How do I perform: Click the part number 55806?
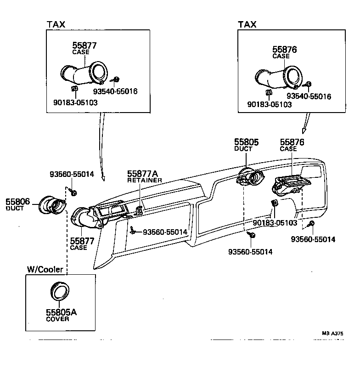tap(17, 201)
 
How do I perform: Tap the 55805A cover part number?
tap(61, 312)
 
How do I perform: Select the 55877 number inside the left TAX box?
tap(84, 45)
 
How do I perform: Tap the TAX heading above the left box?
tap(56, 24)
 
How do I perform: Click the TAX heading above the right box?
tap(247, 24)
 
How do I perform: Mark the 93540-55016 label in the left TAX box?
tap(115, 91)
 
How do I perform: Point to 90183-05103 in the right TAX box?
tap(270, 105)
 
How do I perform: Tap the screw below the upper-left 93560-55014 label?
tap(74, 191)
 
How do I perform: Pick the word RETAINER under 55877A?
tap(145, 180)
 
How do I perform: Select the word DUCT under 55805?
tap(243, 149)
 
